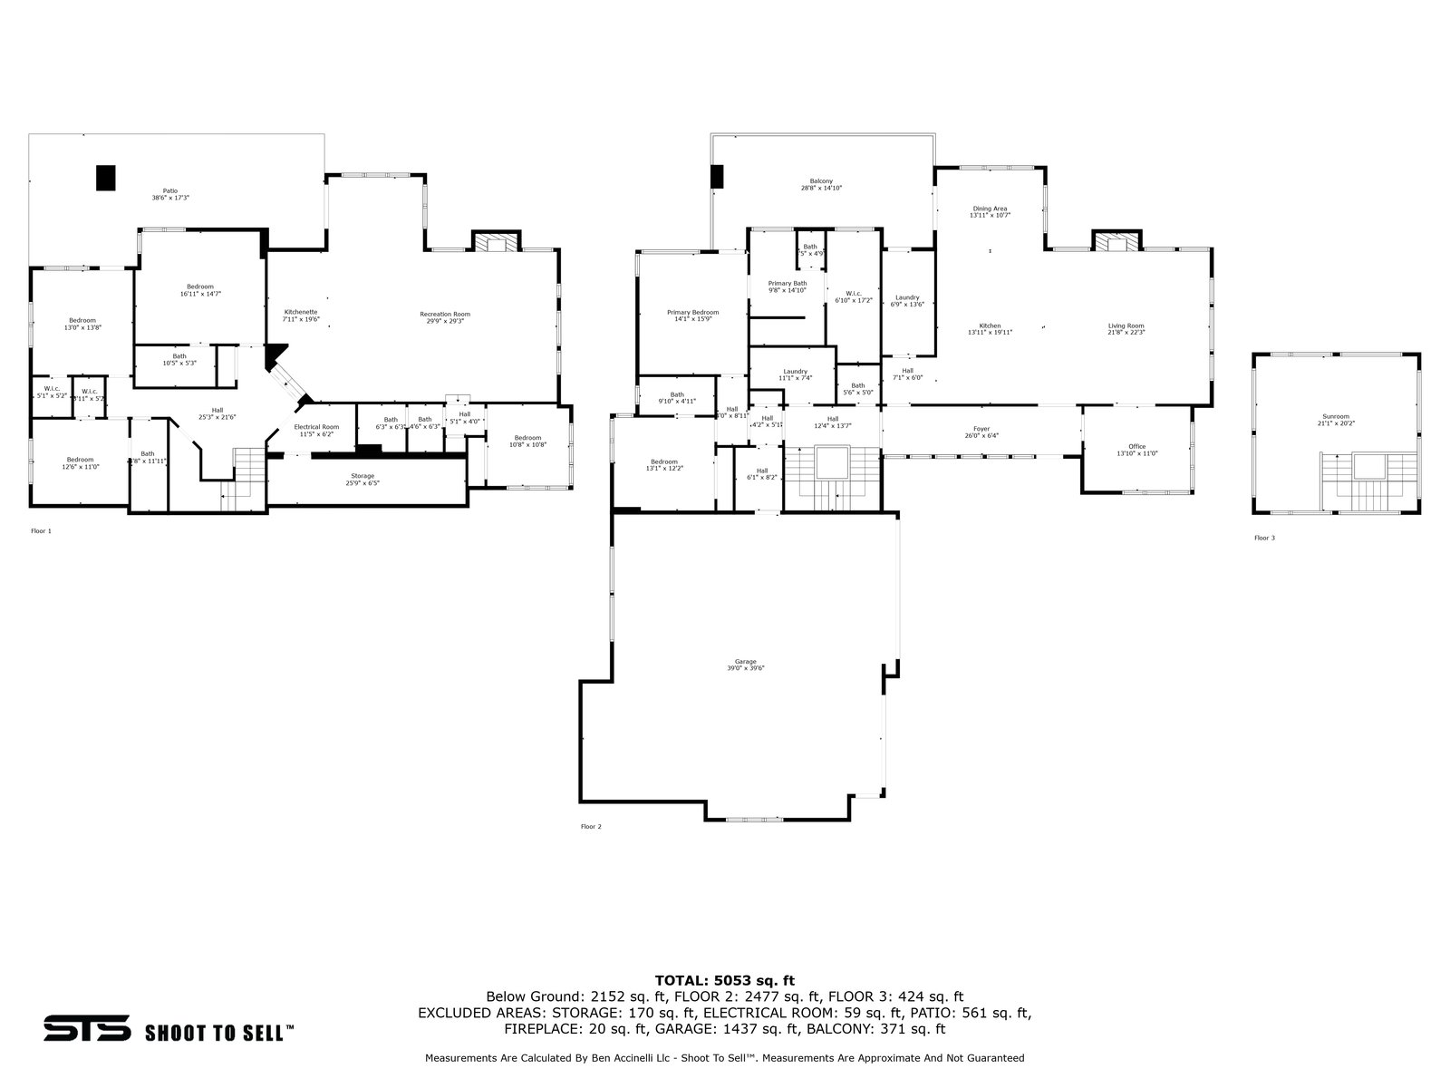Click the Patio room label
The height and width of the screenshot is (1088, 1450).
coord(170,194)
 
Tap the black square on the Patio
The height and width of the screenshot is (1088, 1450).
coord(107,178)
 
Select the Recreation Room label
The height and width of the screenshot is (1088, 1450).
coord(445,317)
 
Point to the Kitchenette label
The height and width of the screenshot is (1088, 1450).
coord(301,316)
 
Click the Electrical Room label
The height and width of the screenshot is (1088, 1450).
coord(316,430)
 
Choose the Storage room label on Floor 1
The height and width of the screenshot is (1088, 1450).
coord(362,480)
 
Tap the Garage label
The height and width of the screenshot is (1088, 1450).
coord(746,665)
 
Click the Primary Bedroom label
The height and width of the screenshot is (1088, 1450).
coord(693,316)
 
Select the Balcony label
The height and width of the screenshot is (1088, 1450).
coord(822,185)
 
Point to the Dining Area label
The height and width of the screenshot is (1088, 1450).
coord(990,212)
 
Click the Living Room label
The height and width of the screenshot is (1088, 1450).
coord(1126,329)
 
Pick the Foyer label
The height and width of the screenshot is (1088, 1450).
coord(981,432)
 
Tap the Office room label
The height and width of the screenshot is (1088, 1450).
coord(1137,450)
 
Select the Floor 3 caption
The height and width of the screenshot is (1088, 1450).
coord(1264,538)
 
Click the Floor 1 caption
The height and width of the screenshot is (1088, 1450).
coord(41,530)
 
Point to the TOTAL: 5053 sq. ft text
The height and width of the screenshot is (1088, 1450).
coord(724,980)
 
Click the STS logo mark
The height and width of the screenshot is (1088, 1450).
coord(87,1030)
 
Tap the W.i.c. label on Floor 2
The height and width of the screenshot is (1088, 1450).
coord(854,296)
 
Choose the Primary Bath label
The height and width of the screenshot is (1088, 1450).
coord(788,287)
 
